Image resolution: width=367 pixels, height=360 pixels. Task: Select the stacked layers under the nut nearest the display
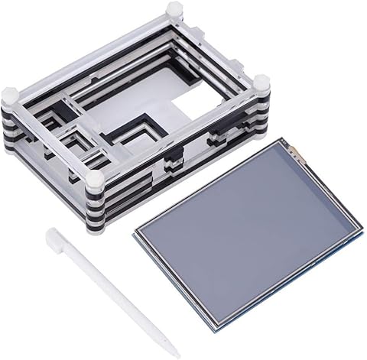[261, 107]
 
